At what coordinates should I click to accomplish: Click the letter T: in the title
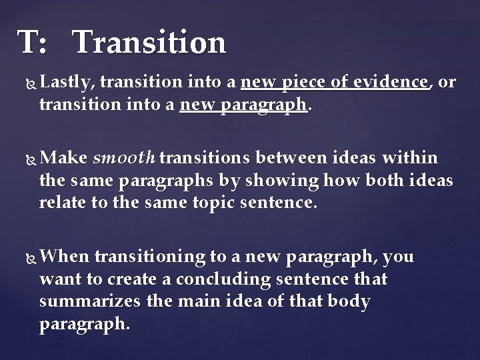click(x=33, y=43)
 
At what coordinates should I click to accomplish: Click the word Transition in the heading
click(x=150, y=43)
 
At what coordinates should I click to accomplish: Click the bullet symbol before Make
click(x=27, y=159)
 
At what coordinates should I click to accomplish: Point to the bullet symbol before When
click(x=27, y=257)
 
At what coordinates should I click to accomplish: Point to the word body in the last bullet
click(x=352, y=301)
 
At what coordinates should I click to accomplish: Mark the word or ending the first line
click(x=447, y=83)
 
